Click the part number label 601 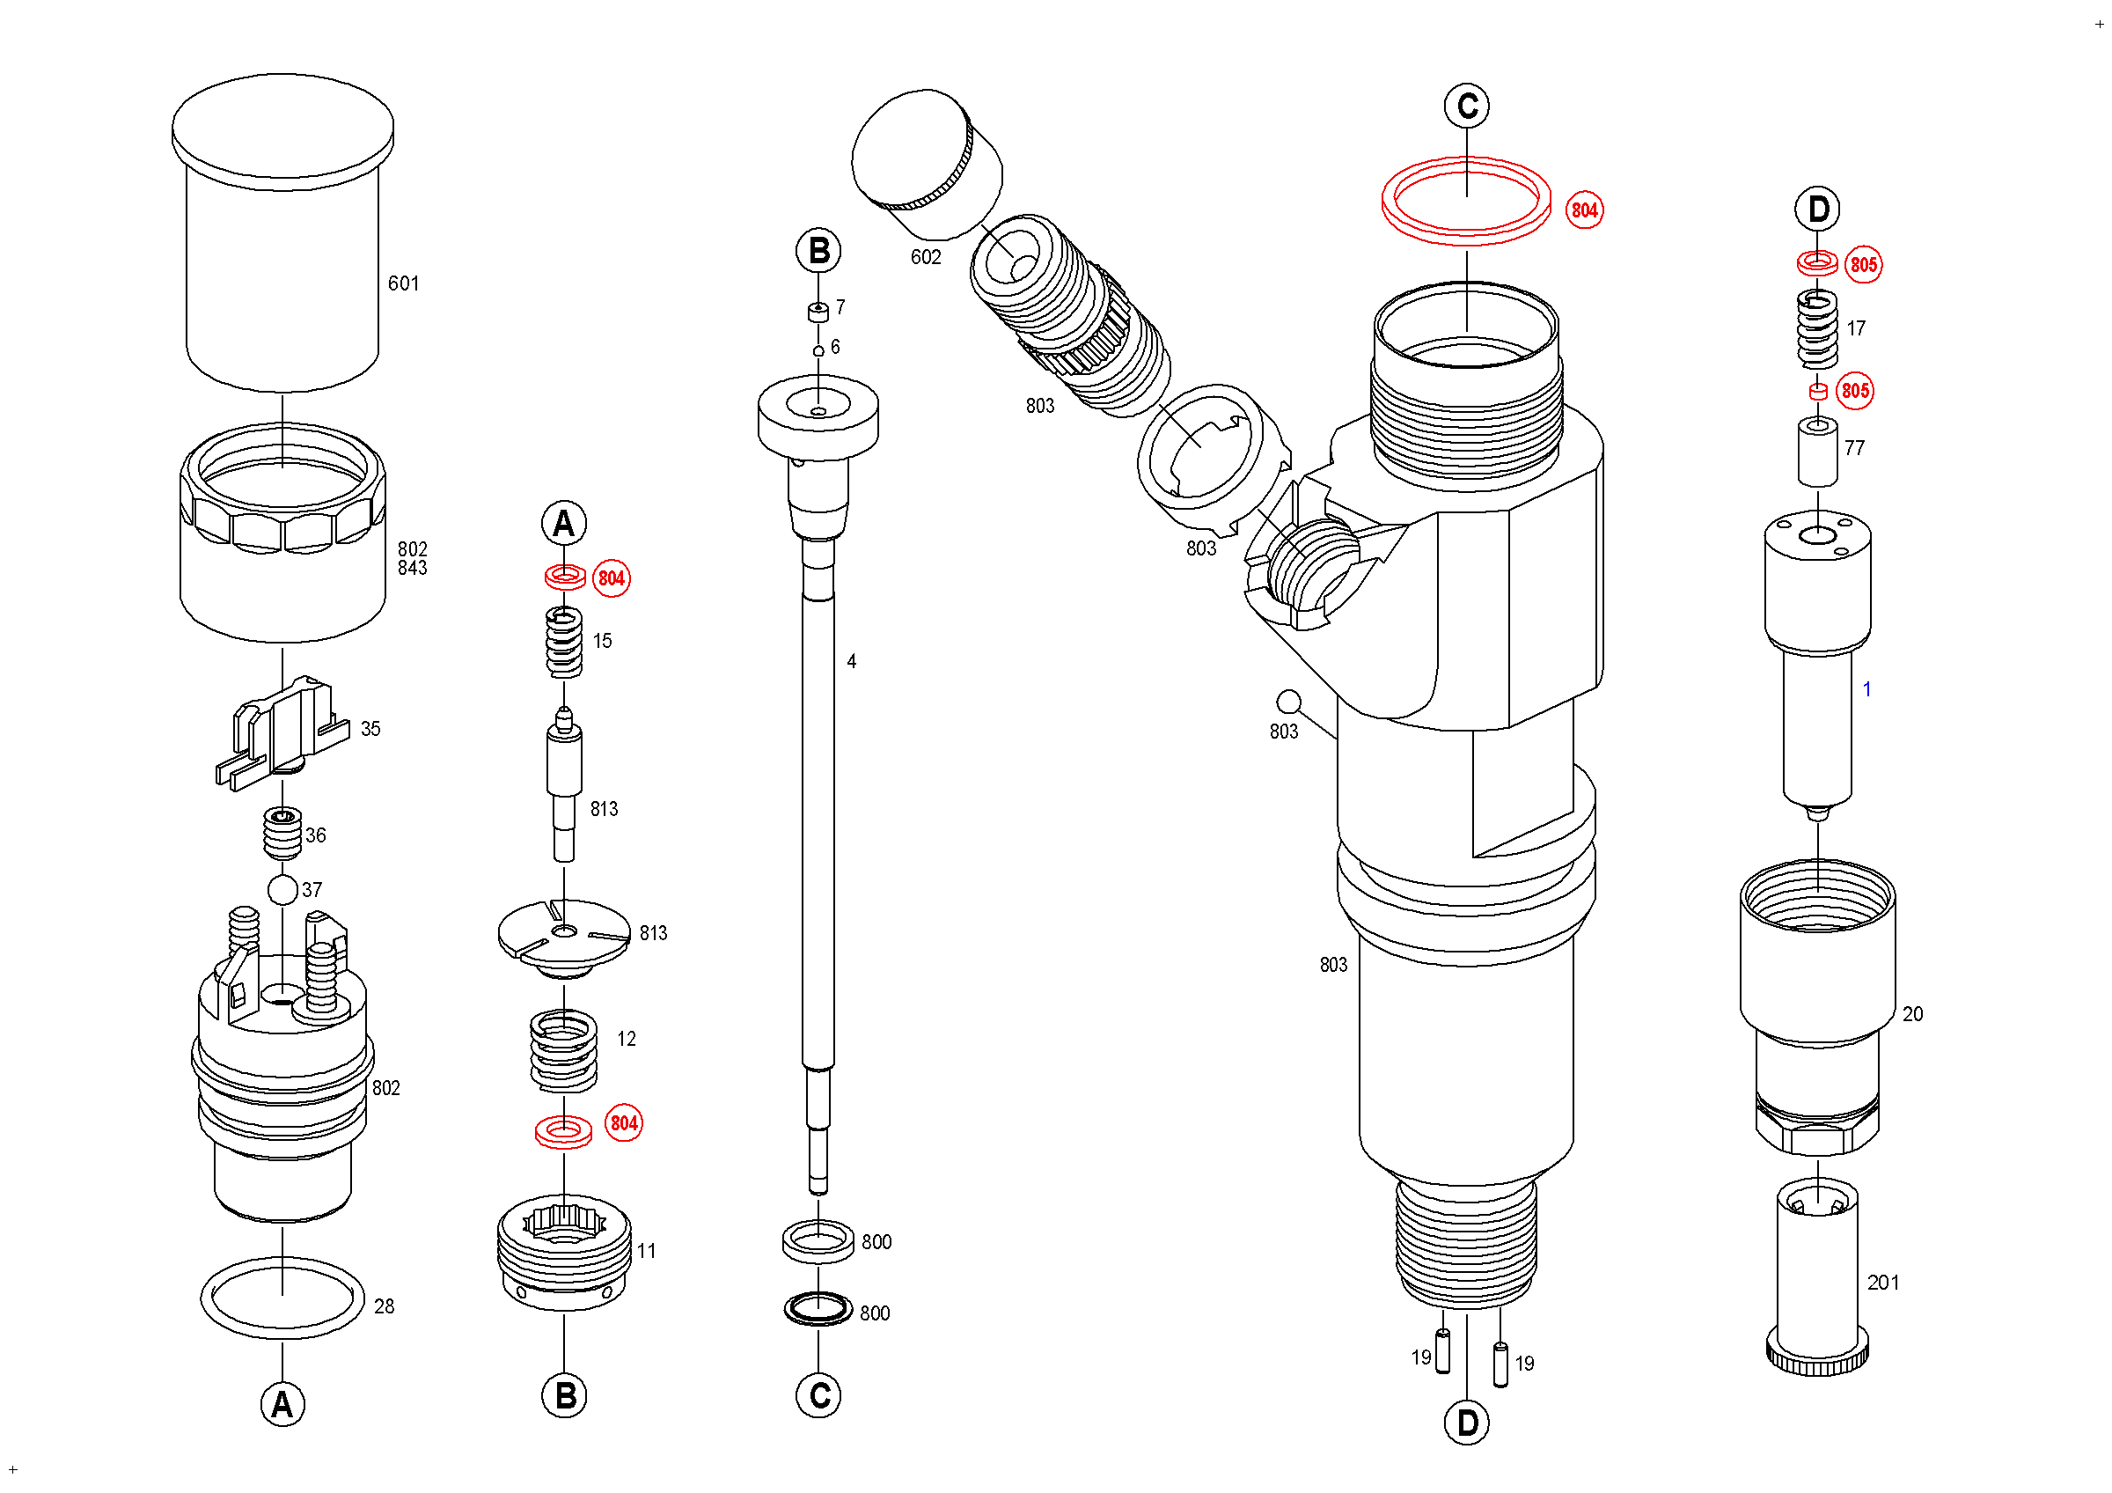[x=403, y=283]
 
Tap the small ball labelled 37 [x=282, y=889]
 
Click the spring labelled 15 [x=564, y=642]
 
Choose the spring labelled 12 [x=564, y=1050]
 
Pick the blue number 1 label [x=1866, y=689]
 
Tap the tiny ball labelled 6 [x=818, y=350]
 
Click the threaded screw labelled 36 [x=282, y=832]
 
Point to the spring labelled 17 [x=1818, y=329]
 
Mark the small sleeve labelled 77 [x=1818, y=451]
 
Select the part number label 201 [x=1883, y=1283]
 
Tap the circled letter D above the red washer [x=1818, y=210]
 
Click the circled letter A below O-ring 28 [x=282, y=1405]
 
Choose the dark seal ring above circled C [x=818, y=1309]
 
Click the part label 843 [x=412, y=568]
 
